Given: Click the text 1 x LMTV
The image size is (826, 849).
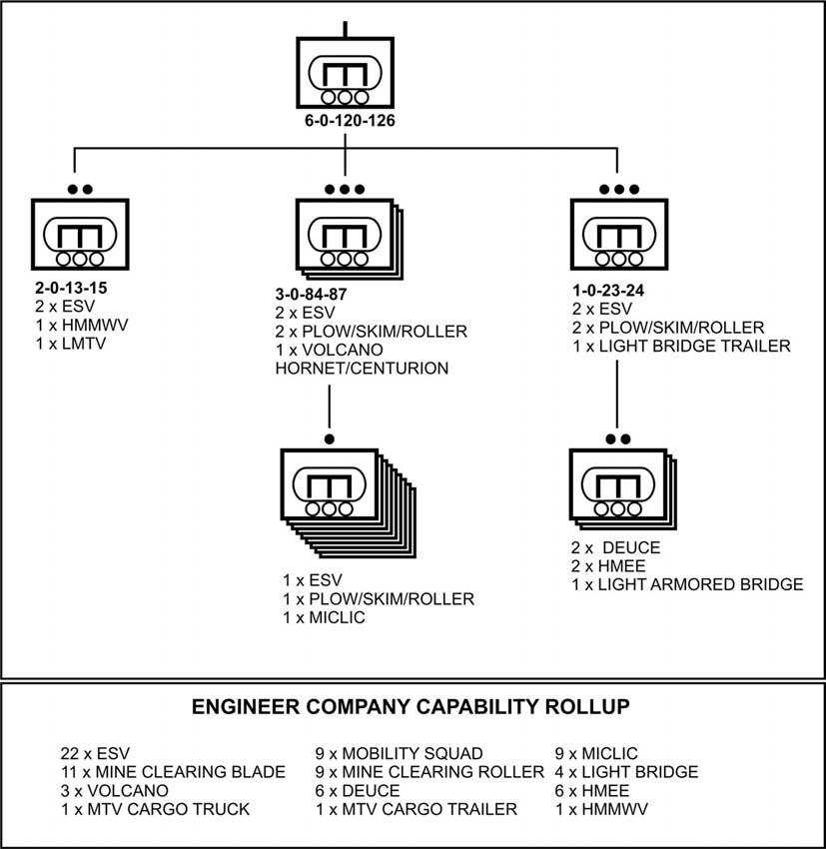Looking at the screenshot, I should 70,343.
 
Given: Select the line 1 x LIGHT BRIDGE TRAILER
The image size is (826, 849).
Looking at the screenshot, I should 681,346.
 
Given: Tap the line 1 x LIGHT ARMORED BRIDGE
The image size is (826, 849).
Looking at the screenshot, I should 687,584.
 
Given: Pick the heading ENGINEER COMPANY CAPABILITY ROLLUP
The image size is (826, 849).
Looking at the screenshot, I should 411,707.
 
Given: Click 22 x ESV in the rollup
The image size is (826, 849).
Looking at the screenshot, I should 95,753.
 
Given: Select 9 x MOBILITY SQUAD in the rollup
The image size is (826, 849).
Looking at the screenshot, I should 399,753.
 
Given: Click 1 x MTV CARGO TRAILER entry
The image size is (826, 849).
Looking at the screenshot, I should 416,809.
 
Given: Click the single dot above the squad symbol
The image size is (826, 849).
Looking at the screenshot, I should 329,438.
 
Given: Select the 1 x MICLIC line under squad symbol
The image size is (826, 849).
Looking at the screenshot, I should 325,618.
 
